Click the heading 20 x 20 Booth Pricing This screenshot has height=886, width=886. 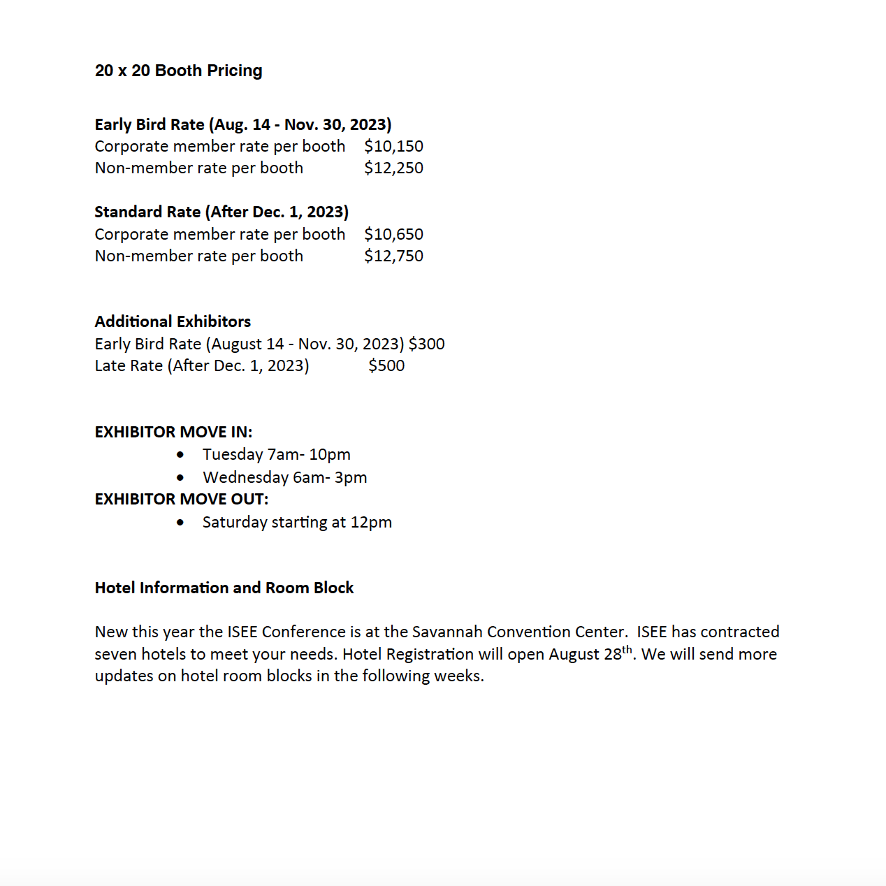(179, 71)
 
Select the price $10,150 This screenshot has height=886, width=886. (393, 146)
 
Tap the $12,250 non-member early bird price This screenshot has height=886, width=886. (393, 168)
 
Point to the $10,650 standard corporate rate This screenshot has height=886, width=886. (393, 234)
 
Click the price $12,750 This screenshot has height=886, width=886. (393, 256)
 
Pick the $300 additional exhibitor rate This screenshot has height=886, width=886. (426, 344)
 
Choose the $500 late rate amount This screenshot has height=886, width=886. (386, 365)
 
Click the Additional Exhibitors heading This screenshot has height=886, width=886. (173, 321)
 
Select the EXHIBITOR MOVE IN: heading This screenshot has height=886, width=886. (173, 432)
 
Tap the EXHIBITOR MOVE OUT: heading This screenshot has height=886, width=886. (182, 499)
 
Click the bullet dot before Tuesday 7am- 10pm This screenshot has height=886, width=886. (181, 455)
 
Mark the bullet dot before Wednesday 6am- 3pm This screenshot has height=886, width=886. (181, 478)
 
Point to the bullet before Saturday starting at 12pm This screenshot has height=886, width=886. (181, 523)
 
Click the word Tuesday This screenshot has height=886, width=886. (233, 454)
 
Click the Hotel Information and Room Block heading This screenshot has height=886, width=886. (224, 588)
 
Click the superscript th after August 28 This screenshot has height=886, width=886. (627, 649)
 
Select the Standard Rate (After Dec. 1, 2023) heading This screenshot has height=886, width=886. (221, 212)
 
